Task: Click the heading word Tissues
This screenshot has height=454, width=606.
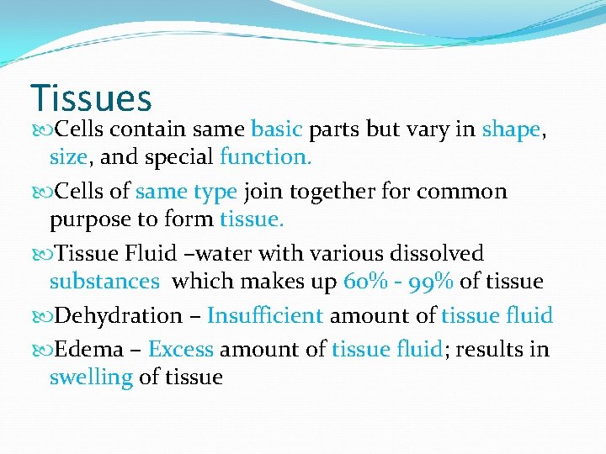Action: click(91, 98)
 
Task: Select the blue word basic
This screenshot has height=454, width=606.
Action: click(277, 129)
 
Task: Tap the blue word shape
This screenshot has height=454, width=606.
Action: click(510, 129)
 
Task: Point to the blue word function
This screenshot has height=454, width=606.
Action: click(265, 156)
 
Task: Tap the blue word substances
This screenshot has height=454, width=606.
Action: click(104, 281)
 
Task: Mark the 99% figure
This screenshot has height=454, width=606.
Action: click(433, 281)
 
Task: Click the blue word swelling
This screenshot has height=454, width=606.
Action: click(91, 377)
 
